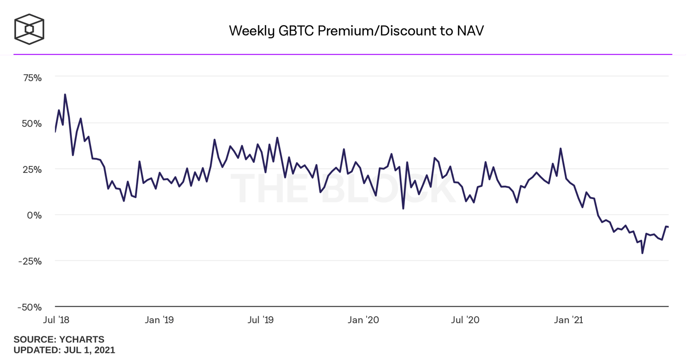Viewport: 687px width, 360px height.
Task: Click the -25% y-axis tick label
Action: coord(30,261)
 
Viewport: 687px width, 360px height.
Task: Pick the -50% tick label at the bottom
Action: coord(30,307)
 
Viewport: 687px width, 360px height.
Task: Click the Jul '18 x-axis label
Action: coord(56,320)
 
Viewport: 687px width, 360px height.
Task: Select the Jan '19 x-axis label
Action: coord(159,320)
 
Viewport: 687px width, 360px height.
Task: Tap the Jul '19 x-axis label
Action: coord(261,320)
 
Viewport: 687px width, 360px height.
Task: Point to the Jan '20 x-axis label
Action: coord(364,320)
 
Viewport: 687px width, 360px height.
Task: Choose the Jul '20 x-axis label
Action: coord(465,320)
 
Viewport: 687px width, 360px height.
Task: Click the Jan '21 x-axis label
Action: coord(568,320)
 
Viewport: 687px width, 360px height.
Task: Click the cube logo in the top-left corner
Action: coord(29,29)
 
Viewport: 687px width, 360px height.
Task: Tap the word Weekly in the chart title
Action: coord(251,31)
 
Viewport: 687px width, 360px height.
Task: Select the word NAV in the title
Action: coord(470,31)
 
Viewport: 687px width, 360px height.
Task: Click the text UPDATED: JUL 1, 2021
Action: coord(64,350)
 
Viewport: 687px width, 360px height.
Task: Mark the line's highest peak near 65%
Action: coord(65,95)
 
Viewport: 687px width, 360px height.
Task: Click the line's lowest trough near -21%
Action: coord(642,253)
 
